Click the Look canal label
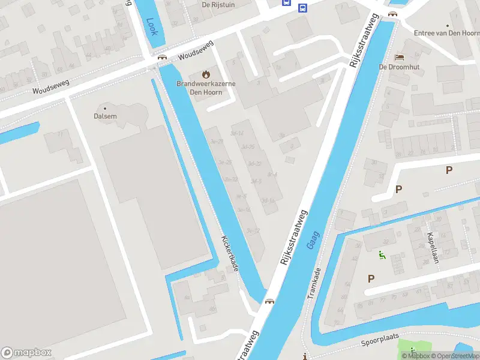[x=152, y=26]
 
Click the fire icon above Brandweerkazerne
[x=206, y=74]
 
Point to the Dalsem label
[x=106, y=116]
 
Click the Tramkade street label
[x=314, y=283]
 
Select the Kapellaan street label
[x=431, y=248]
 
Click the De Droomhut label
[x=399, y=67]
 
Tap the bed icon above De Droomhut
[x=399, y=57]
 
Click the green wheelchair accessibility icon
[x=382, y=255]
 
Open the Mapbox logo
[x=27, y=352]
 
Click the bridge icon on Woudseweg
[x=161, y=58]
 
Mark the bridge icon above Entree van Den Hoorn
[x=392, y=13]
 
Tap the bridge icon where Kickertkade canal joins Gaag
[x=269, y=301]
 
